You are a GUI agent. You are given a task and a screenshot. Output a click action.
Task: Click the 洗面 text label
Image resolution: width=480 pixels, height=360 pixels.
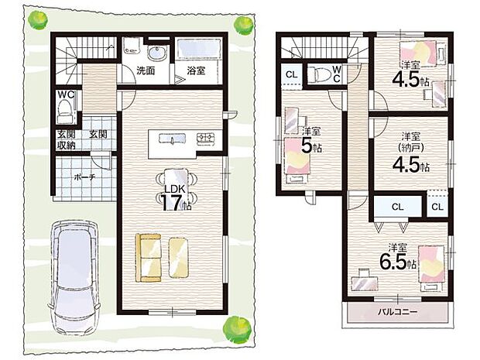click(145, 70)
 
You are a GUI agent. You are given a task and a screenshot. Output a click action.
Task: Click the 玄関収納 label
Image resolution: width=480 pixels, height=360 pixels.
click(65, 139)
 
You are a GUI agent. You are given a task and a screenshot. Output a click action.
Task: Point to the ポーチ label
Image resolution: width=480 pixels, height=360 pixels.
click(84, 177)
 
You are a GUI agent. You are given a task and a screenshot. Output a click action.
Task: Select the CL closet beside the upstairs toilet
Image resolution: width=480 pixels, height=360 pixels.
click(290, 74)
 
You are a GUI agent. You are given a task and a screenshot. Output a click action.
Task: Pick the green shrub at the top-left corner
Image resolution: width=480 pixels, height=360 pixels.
click(36, 20)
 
